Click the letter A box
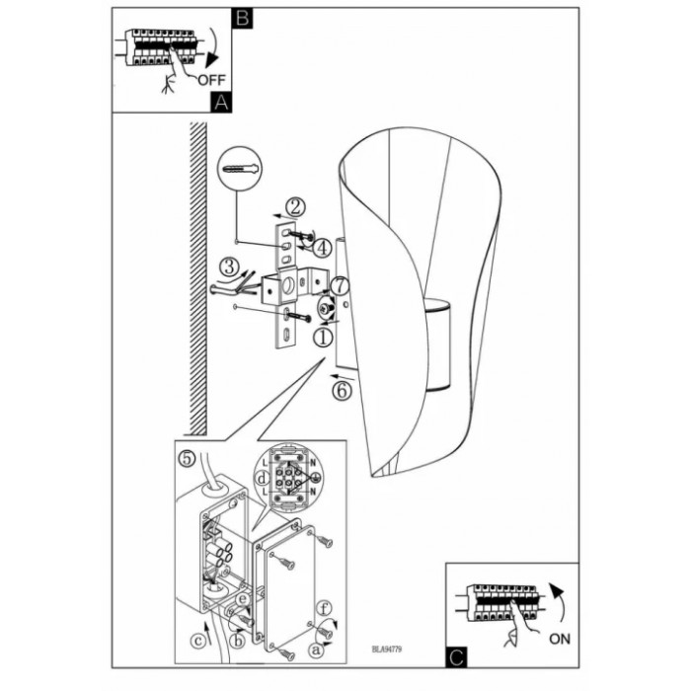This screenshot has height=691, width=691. [x=221, y=101]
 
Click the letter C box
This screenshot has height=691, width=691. [x=455, y=652]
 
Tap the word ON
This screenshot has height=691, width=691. [x=559, y=639]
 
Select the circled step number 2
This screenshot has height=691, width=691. [x=294, y=207]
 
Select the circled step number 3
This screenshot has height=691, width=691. [x=228, y=266]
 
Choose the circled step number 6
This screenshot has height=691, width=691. [x=341, y=390]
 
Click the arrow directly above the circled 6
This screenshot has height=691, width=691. [x=342, y=375]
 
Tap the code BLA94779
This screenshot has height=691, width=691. [x=390, y=650]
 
